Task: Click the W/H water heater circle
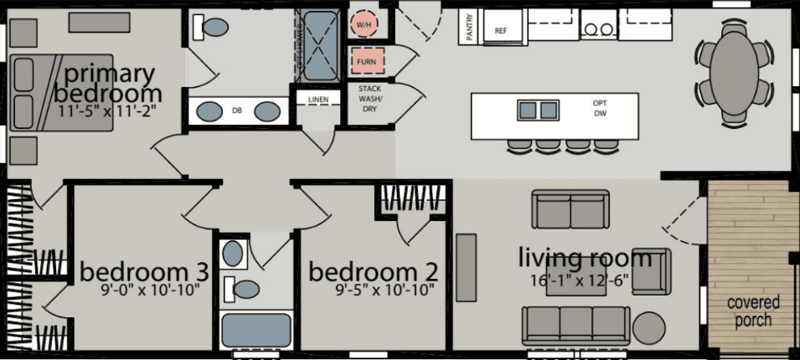[365, 25]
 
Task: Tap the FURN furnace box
[365, 61]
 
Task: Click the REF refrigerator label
[501, 30]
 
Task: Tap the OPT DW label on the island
[599, 107]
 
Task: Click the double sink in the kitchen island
[538, 110]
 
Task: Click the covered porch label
[753, 311]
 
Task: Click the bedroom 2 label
[374, 273]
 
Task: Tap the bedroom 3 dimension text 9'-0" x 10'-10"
[144, 291]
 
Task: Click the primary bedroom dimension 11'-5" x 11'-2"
[107, 109]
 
